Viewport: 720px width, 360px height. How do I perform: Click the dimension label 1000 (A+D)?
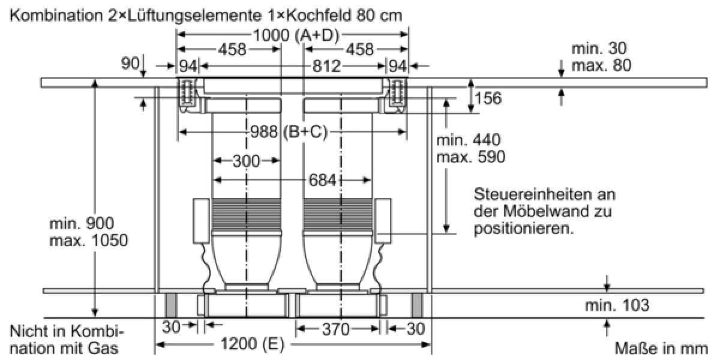(296, 35)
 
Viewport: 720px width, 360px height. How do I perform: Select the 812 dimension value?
(326, 66)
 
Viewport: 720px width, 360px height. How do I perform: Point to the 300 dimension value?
(246, 161)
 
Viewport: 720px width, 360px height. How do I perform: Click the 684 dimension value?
(322, 179)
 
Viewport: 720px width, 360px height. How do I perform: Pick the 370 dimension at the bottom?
(335, 329)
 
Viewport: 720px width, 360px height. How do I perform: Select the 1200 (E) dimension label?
(253, 344)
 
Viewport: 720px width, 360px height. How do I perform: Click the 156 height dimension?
(488, 98)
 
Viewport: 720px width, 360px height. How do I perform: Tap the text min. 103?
(617, 305)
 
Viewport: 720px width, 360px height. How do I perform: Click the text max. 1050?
(89, 240)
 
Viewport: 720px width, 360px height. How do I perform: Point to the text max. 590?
(470, 157)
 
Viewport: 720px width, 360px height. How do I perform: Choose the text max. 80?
(601, 65)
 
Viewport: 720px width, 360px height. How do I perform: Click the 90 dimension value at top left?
(130, 64)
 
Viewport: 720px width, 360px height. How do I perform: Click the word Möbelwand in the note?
(547, 211)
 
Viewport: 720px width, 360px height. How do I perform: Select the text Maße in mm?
(661, 349)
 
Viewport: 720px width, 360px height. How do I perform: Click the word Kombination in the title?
(56, 16)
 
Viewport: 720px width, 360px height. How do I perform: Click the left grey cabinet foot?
(171, 305)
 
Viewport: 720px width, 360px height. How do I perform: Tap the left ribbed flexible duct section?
(247, 215)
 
